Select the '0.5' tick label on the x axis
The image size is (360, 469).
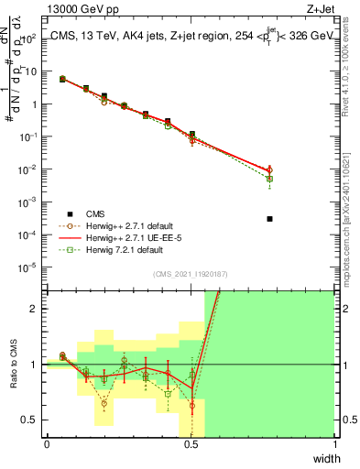point(191,444)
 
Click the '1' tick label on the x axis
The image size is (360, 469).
point(335,444)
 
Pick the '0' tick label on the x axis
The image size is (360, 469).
point(47,444)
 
